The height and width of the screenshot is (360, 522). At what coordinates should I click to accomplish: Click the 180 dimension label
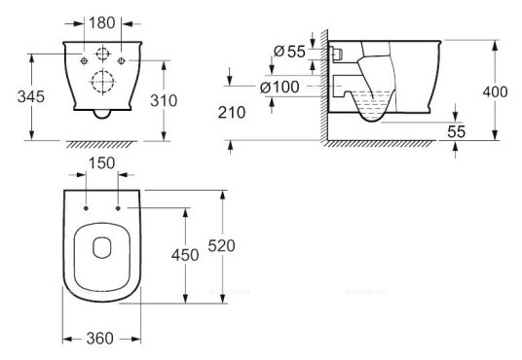[x=102, y=22]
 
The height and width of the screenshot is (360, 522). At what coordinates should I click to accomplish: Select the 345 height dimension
[x=31, y=96]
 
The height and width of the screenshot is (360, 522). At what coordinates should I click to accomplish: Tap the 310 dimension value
[x=164, y=100]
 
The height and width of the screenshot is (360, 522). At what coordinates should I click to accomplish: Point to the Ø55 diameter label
[x=289, y=52]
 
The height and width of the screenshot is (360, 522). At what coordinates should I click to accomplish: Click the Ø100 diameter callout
[x=280, y=88]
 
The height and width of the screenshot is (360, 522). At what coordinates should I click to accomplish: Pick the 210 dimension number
[x=232, y=113]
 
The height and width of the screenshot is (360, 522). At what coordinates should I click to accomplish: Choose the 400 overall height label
[x=495, y=91]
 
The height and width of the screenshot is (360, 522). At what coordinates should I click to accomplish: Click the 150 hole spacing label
[x=102, y=163]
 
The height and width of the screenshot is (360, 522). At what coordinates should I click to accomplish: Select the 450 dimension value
[x=185, y=255]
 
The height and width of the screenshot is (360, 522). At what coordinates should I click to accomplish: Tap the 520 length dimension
[x=221, y=245]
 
